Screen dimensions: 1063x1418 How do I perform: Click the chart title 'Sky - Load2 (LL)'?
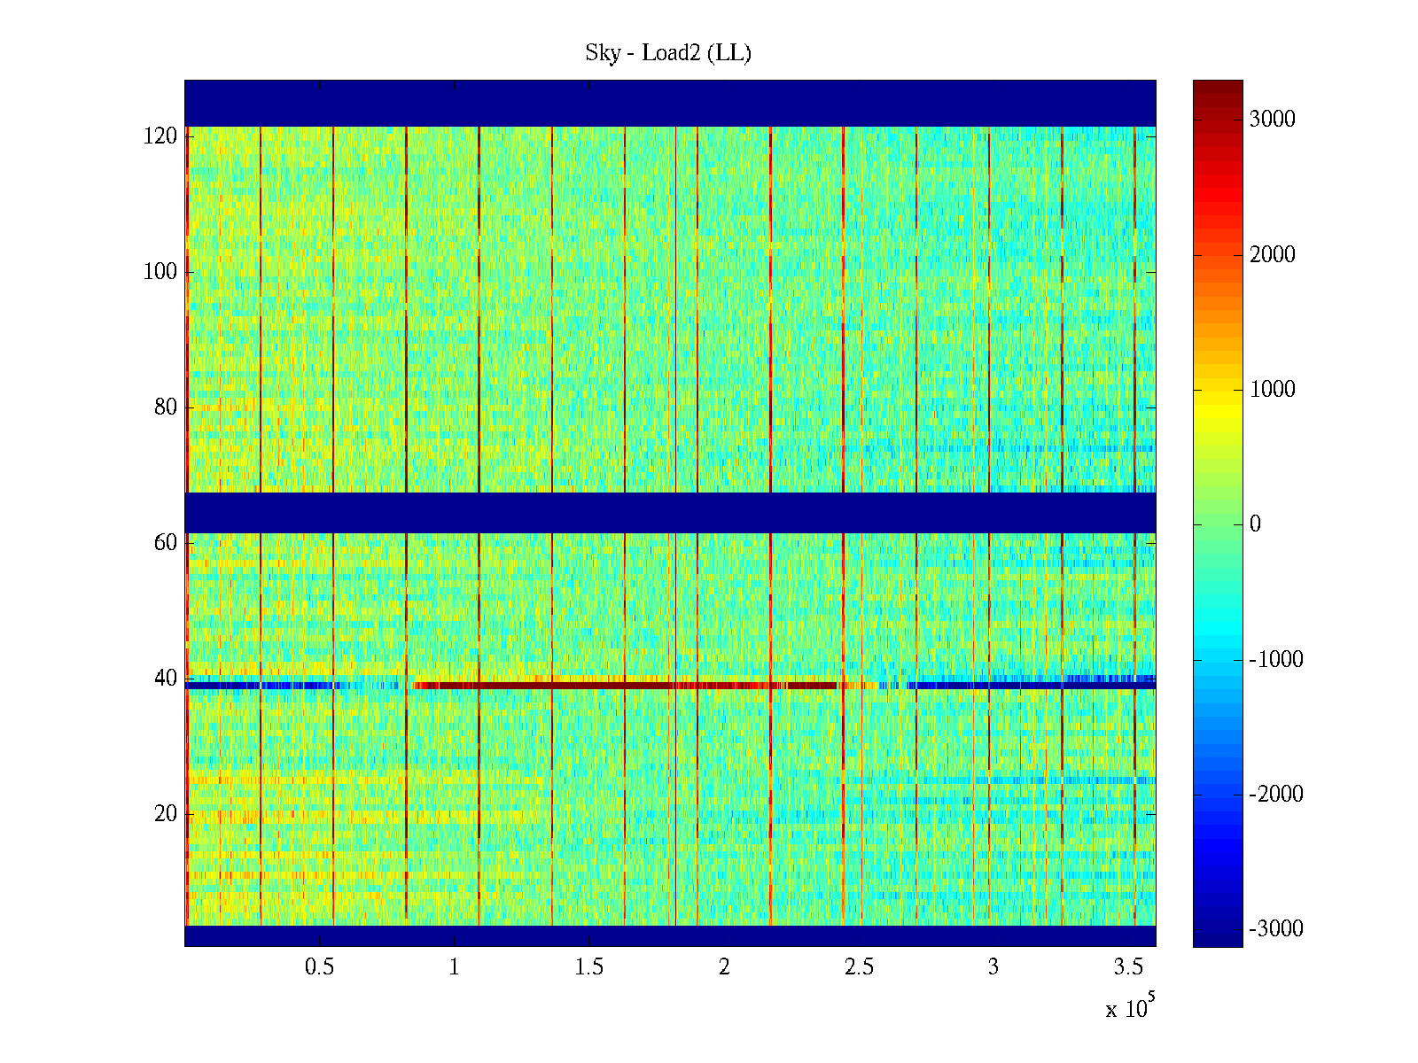coord(668,53)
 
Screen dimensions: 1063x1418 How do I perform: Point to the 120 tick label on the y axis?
coord(160,136)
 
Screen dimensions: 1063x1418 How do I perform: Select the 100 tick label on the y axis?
coord(160,272)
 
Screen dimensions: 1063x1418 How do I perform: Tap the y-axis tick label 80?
coord(166,407)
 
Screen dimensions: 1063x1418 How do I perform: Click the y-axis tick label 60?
coord(166,543)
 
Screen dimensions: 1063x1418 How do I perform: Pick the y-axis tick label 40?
coord(166,679)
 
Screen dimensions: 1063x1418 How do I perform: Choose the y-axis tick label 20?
coord(166,814)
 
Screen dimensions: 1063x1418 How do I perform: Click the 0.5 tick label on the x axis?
coord(319,967)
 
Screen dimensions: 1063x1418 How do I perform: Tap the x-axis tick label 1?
coord(454,967)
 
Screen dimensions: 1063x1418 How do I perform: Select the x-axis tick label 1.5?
coord(588,967)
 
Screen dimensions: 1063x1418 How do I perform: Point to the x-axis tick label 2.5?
coord(859,967)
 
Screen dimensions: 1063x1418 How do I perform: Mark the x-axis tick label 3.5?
coord(1128,967)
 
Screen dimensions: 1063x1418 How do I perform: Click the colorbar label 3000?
coord(1272,120)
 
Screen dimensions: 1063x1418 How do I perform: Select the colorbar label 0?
coord(1255,524)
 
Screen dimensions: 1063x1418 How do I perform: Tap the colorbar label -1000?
coord(1276,660)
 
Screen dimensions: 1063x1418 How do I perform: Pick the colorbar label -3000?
coord(1276,929)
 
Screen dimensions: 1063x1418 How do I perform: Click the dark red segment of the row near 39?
coord(620,686)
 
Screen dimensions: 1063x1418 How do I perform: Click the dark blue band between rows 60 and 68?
coord(670,513)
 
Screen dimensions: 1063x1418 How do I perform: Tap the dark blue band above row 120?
coord(670,104)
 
